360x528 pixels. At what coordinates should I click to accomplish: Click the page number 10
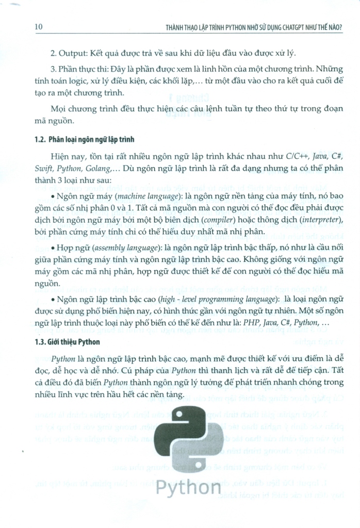click(38, 26)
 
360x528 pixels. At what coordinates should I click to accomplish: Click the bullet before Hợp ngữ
click(53, 249)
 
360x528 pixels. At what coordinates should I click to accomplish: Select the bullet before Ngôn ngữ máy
click(53, 197)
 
